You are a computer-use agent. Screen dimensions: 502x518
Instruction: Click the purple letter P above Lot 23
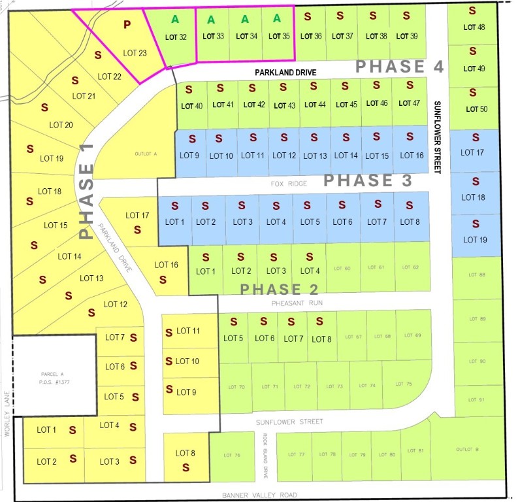127,25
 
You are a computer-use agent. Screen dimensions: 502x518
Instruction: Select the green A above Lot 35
277,19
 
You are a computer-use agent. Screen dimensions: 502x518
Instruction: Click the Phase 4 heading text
400,66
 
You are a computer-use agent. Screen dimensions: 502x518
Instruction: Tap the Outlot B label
468,449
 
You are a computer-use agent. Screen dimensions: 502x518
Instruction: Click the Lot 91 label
478,400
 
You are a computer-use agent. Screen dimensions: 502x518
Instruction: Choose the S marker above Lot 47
410,85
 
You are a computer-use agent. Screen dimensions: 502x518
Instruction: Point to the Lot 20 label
61,124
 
